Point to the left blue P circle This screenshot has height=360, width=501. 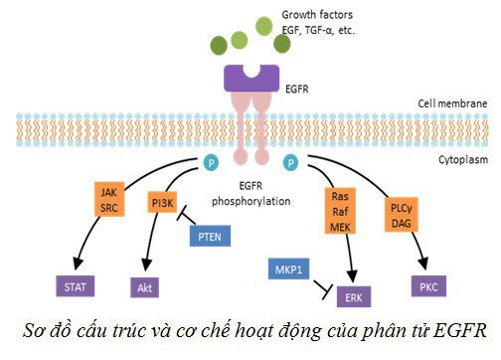(x=209, y=160)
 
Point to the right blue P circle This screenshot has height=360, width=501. (x=290, y=160)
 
